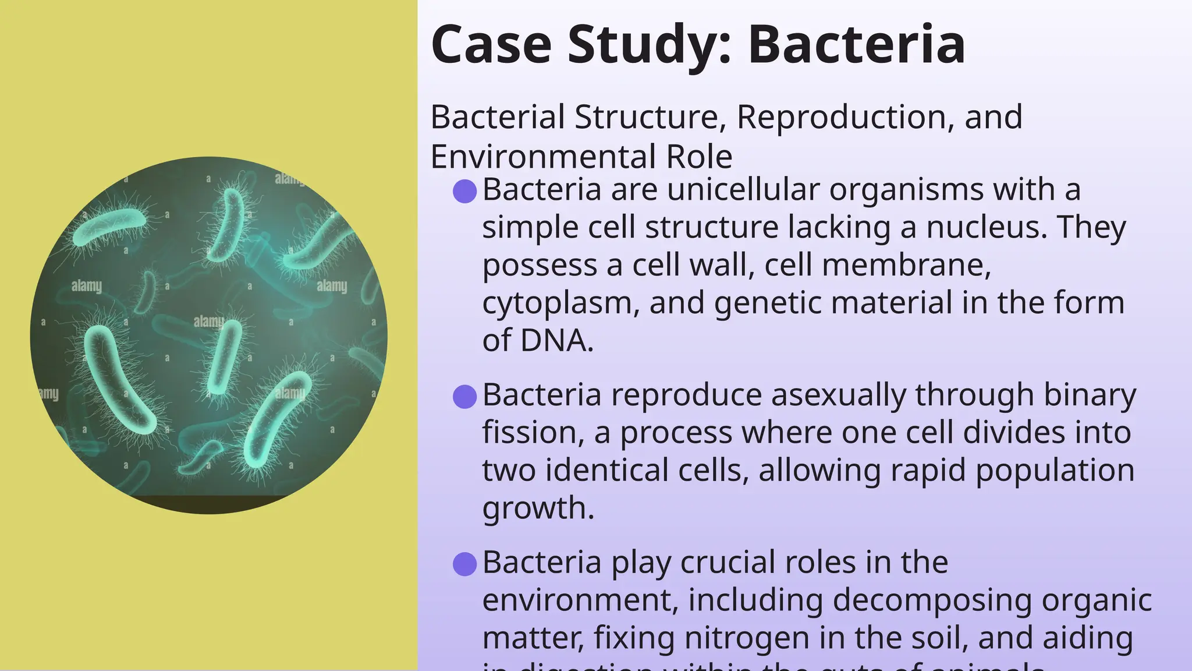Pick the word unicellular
(x=743, y=190)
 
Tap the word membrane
(x=906, y=266)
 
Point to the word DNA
(x=556, y=341)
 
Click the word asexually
(x=839, y=395)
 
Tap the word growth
(x=538, y=508)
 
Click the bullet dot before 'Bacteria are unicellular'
(x=465, y=191)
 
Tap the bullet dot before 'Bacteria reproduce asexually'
(x=465, y=397)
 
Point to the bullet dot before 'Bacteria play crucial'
(x=465, y=564)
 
